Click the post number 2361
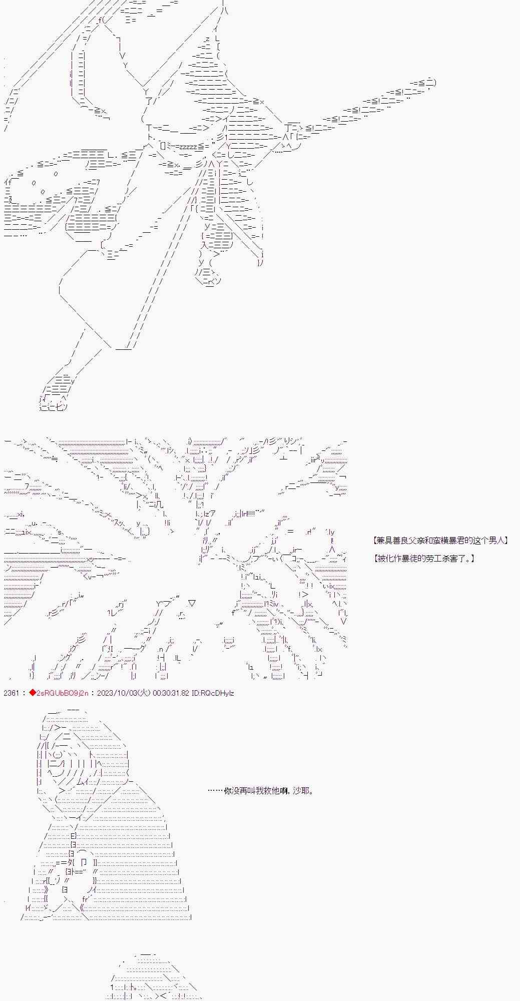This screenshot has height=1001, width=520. coord(11,693)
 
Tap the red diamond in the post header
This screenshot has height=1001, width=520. coord(32,693)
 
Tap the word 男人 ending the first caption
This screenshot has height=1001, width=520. coord(498,541)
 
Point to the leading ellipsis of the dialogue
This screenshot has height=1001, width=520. coord(215,791)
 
